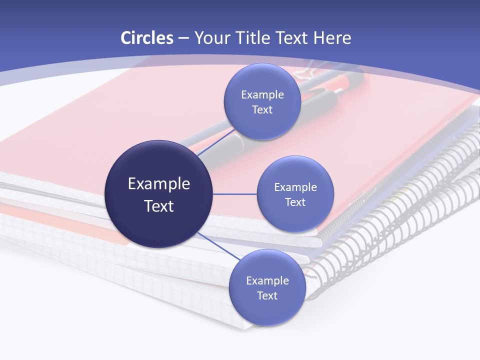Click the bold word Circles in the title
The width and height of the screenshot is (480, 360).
[x=147, y=38]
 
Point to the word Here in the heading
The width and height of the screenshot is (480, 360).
[x=332, y=38]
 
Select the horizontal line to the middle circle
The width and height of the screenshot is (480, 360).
[x=234, y=194]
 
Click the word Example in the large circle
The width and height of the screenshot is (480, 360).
[x=159, y=184]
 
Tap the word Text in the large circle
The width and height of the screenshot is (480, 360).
[x=159, y=206]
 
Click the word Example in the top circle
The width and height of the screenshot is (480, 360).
[x=262, y=95]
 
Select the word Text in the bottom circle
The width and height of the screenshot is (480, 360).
[x=267, y=295]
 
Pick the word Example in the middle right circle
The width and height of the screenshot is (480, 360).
[x=295, y=187]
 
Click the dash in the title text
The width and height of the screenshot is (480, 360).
[x=183, y=38]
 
